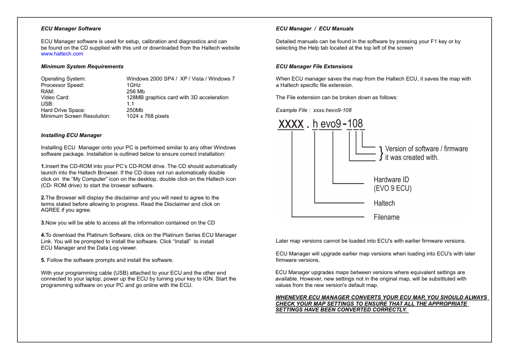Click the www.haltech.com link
pyautogui.click(x=62, y=54)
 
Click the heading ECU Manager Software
pyautogui.click(x=71, y=29)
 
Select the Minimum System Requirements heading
pyautogui.click(x=82, y=67)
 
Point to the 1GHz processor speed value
pyautogui.click(x=133, y=85)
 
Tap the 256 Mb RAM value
pyautogui.click(x=136, y=91)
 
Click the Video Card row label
pyautogui.click(x=55, y=98)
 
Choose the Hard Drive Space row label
pyautogui.click(x=63, y=110)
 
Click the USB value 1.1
pyautogui.click(x=130, y=103)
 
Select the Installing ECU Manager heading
pyautogui.click(x=71, y=135)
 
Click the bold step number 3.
pyautogui.click(x=43, y=223)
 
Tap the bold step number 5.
pyautogui.click(x=43, y=260)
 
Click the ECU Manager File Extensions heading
pyautogui.click(x=314, y=67)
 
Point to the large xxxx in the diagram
pyautogui.click(x=291, y=124)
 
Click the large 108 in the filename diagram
pyautogui.click(x=354, y=124)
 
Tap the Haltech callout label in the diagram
pyautogui.click(x=384, y=203)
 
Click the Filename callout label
pyautogui.click(x=386, y=217)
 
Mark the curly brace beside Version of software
pyautogui.click(x=380, y=153)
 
